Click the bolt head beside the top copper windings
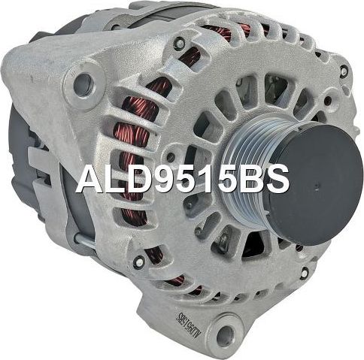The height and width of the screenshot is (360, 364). point(179,44)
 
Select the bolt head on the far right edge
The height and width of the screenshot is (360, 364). point(344,71)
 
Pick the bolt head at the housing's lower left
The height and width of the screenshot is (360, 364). point(138,262)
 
